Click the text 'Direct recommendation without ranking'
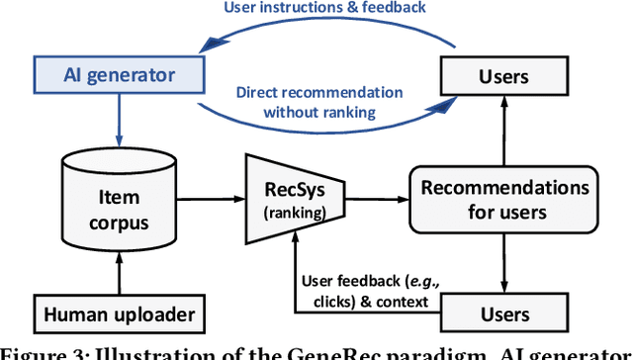319,102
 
